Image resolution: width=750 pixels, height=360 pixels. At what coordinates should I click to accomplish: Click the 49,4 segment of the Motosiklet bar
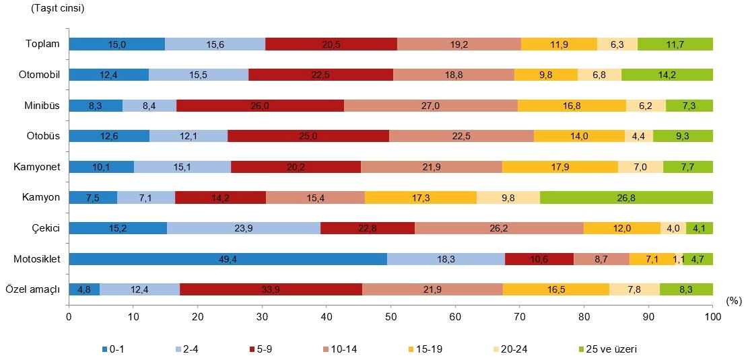pyautogui.click(x=228, y=259)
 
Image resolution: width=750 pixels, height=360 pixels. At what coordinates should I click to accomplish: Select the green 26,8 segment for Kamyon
pyautogui.click(x=626, y=197)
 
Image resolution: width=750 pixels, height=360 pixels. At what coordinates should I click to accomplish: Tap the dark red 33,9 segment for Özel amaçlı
pyautogui.click(x=271, y=289)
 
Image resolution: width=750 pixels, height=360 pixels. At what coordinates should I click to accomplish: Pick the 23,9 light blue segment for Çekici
pyautogui.click(x=244, y=228)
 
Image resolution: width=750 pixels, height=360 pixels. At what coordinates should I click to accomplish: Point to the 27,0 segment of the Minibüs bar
pyautogui.click(x=431, y=105)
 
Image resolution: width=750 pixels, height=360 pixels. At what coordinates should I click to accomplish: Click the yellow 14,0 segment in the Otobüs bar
pyautogui.click(x=579, y=136)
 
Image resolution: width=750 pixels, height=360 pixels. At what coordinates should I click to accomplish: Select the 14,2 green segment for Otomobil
pyautogui.click(x=667, y=75)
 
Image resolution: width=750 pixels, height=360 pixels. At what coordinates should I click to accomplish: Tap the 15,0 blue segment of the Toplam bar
pyautogui.click(x=116, y=44)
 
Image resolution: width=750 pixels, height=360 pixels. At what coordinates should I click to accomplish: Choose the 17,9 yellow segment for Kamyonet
pyautogui.click(x=559, y=167)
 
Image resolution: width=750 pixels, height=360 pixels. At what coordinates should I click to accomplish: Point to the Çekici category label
pyautogui.click(x=46, y=228)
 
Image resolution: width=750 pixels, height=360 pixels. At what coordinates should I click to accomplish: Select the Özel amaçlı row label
pyautogui.click(x=34, y=289)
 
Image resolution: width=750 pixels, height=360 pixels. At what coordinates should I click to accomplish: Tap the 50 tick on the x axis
pyautogui.click(x=390, y=316)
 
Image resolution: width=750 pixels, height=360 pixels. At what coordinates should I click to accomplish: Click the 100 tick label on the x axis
pyautogui.click(x=712, y=316)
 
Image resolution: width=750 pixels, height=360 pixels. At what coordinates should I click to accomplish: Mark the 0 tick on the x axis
pyautogui.click(x=69, y=316)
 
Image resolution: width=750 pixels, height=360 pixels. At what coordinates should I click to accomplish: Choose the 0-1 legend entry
pyautogui.click(x=113, y=349)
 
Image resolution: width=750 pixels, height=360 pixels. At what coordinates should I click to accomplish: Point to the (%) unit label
pyautogui.click(x=734, y=303)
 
